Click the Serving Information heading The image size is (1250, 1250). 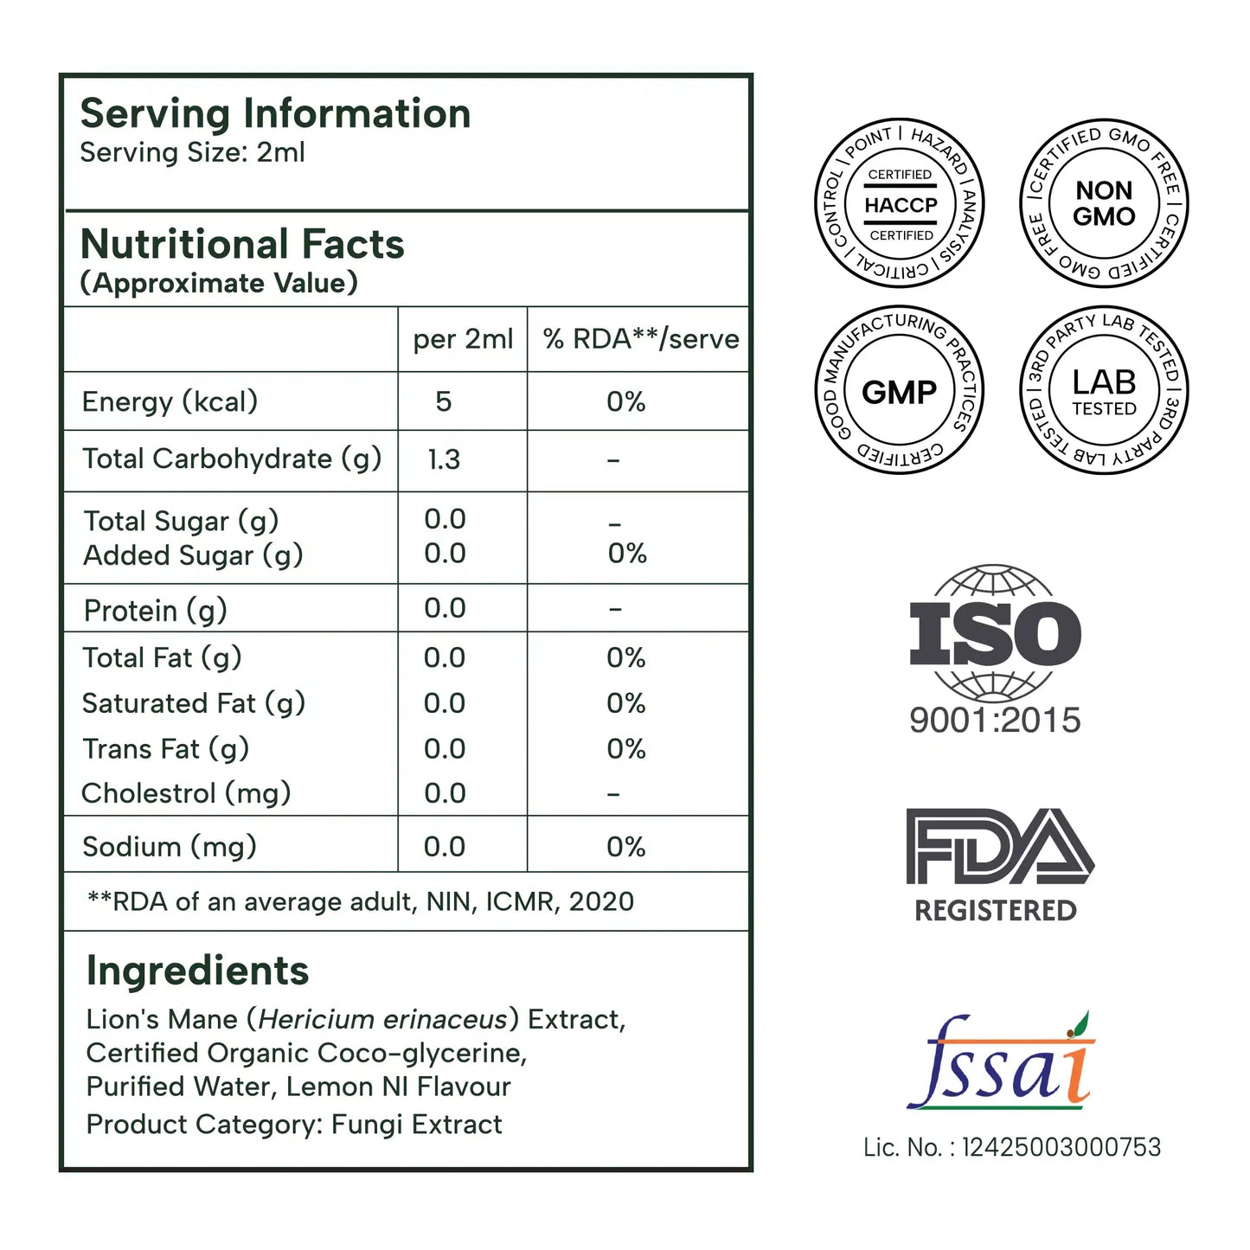275,113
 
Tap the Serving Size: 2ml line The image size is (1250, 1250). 192,153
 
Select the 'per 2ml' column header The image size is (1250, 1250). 463,339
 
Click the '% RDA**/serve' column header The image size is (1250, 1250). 640,339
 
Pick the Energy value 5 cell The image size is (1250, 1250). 444,401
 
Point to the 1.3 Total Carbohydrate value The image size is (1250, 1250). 444,459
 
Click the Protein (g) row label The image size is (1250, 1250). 155,611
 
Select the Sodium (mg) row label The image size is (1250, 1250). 169,846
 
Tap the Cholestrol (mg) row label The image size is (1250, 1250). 186,793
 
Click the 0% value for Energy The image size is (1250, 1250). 626,401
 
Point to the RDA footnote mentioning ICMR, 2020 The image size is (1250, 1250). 361,901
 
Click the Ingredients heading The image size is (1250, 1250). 197,971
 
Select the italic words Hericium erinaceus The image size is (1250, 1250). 382,1019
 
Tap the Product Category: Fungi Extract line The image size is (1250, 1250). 294,1124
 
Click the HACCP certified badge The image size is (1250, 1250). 900,204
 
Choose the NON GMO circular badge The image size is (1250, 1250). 1104,204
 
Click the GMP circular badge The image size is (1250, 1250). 900,391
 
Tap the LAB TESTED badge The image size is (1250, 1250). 1104,391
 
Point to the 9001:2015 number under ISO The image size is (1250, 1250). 995,720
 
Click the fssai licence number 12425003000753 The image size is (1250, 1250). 1061,1147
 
